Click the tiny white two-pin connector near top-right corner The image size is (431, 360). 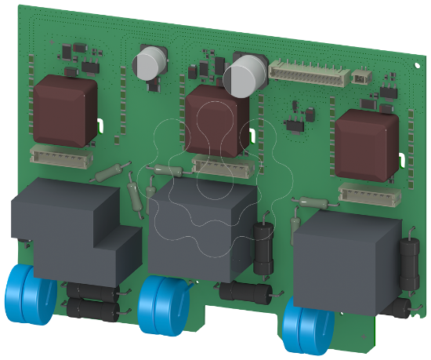[361, 78]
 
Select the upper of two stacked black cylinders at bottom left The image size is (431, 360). [92, 291]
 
